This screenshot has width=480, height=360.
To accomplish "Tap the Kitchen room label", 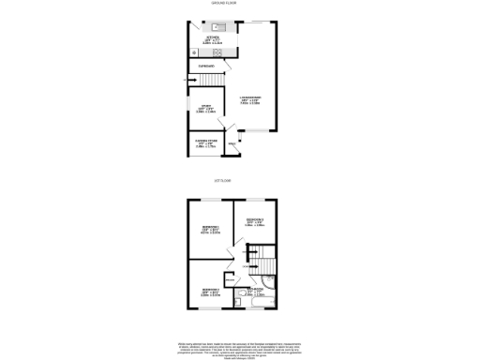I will click(x=213, y=39).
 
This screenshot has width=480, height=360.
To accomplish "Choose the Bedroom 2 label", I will click(x=255, y=221).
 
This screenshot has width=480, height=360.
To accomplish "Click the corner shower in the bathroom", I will click(x=270, y=278).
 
